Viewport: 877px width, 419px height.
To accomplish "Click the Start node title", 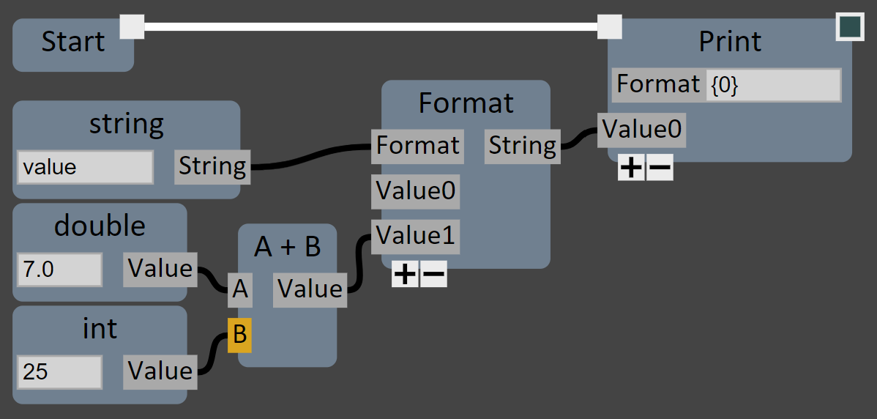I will pos(72,42).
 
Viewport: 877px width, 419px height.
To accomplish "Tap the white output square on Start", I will pos(132,26).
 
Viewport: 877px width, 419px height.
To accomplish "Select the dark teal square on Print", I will pos(850,26).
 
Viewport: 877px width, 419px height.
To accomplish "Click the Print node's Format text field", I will pos(773,86).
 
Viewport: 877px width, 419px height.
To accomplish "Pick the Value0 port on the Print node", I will pos(641,130).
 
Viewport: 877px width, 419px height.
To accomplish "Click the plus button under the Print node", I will pos(631,168).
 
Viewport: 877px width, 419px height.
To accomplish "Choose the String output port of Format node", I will pos(522,146).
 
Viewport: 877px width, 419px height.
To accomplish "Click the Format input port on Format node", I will pos(417,146).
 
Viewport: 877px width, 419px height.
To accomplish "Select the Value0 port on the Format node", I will pos(416,192).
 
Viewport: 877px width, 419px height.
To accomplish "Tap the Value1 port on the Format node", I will pos(416,237).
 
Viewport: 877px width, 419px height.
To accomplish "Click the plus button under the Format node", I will pos(405,275).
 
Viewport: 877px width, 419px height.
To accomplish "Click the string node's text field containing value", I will pos(85,167).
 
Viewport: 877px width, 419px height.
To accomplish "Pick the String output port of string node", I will pos(212,166).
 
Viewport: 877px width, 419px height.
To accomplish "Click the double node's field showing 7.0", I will pos(59,270).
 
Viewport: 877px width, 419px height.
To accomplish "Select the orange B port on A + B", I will pos(239,335).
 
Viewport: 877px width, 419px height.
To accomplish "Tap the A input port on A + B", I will pos(240,291).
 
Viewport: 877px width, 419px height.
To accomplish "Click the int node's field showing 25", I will pos(59,372).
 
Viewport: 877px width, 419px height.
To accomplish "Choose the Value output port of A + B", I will pos(310,289).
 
